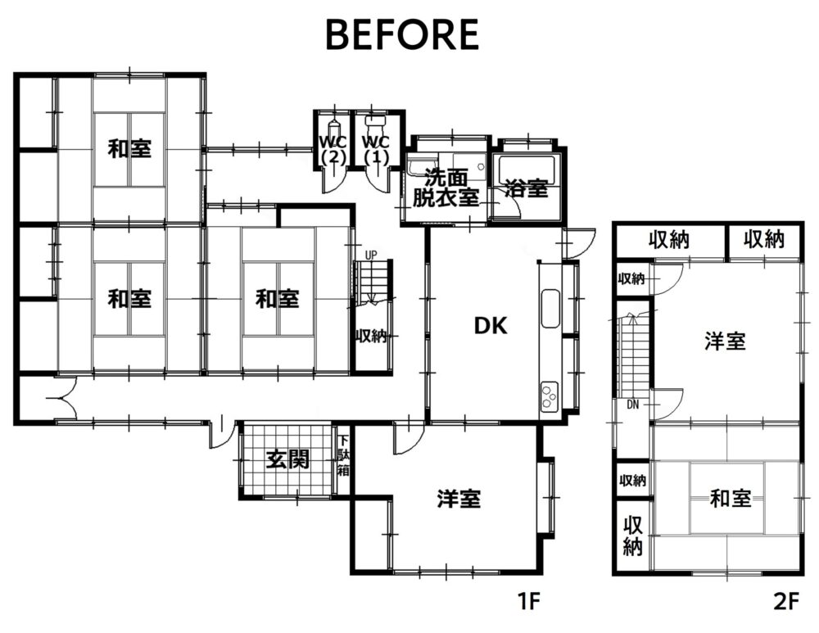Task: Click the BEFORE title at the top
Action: (402, 34)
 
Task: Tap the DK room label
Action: (491, 326)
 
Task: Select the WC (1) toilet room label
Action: (376, 150)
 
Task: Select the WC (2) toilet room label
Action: (333, 150)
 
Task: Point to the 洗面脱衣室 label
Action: (446, 188)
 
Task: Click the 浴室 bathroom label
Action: (527, 188)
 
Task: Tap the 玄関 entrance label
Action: (287, 459)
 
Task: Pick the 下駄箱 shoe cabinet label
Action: (343, 455)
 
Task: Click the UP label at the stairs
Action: (370, 255)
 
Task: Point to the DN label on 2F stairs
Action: (632, 405)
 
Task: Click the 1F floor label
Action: (528, 602)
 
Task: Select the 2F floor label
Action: (786, 602)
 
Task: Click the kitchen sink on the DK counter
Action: (550, 308)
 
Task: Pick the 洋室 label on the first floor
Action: (459, 499)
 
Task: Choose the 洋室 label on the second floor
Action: (725, 341)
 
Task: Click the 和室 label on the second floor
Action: (731, 498)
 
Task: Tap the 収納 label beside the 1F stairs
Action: (371, 336)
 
